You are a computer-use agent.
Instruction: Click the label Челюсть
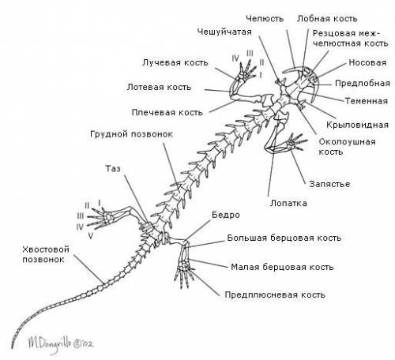pyautogui.click(x=265, y=19)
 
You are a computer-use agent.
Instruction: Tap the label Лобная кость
pyautogui.click(x=327, y=19)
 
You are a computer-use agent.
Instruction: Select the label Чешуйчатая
pyautogui.click(x=224, y=32)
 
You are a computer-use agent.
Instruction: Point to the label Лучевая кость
pyautogui.click(x=175, y=62)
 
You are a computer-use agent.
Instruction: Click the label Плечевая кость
pyautogui.click(x=167, y=112)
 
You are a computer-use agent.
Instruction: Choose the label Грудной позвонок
pyautogui.click(x=131, y=134)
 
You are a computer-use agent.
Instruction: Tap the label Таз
pyautogui.click(x=113, y=168)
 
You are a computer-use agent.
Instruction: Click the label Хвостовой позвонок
pyautogui.click(x=46, y=254)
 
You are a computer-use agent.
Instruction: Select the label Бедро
pyautogui.click(x=226, y=215)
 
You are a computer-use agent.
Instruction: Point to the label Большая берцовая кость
pyautogui.click(x=284, y=238)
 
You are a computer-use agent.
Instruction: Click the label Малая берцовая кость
pyautogui.click(x=282, y=267)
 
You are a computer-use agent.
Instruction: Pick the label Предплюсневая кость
pyautogui.click(x=275, y=294)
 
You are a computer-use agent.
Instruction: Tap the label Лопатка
pyautogui.click(x=288, y=203)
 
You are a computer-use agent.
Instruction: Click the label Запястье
pyautogui.click(x=329, y=184)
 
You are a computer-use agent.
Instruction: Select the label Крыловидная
pyautogui.click(x=357, y=125)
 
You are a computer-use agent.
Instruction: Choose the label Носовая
pyautogui.click(x=367, y=62)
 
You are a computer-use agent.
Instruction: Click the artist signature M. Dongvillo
pyautogui.click(x=61, y=343)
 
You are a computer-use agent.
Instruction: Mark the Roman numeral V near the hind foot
pyautogui.click(x=91, y=236)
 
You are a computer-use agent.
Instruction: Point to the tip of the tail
pyautogui.click(x=12, y=349)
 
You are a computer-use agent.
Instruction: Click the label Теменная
pyautogui.click(x=367, y=101)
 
